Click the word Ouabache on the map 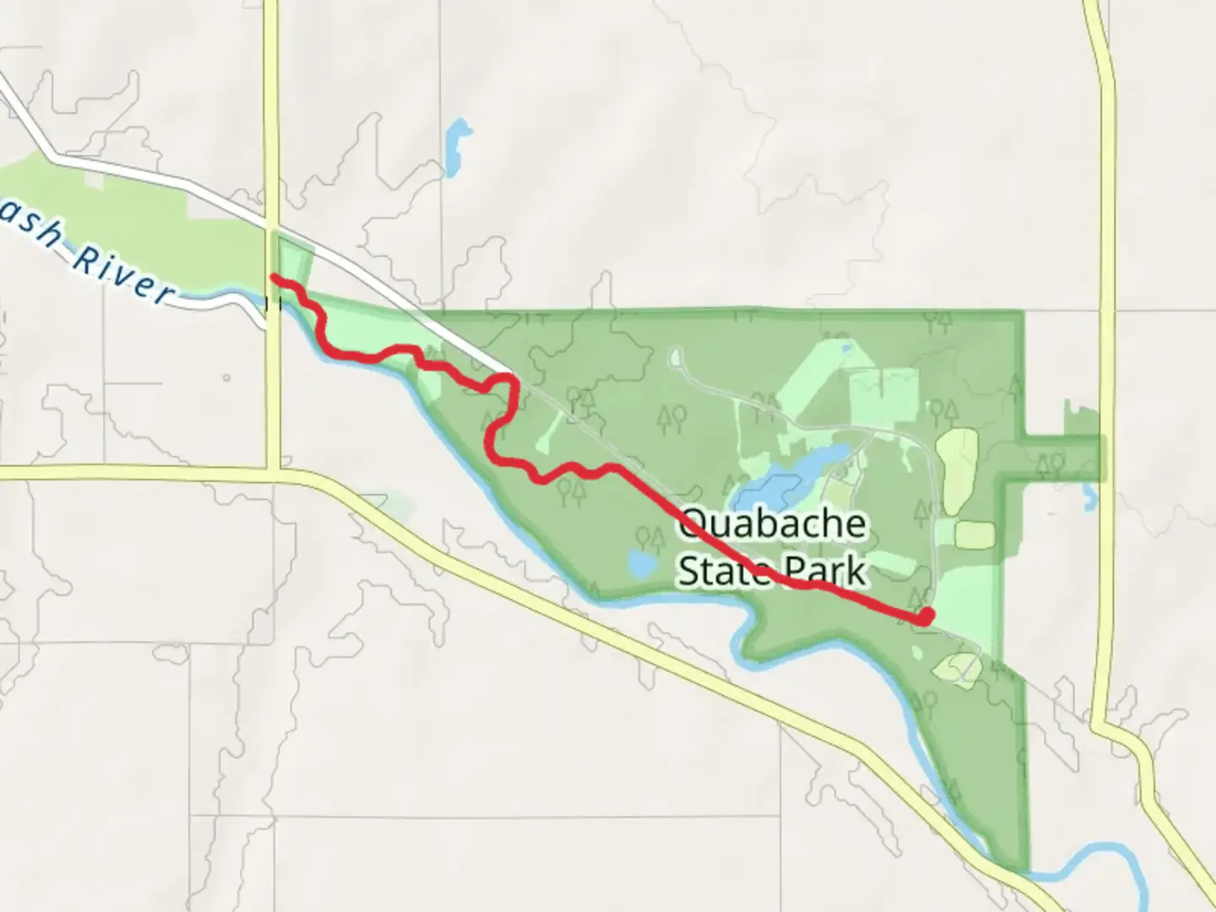(x=772, y=524)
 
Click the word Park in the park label (x=824, y=570)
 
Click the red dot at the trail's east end (x=926, y=616)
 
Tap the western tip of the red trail (x=274, y=277)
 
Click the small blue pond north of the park (x=457, y=142)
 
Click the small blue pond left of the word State (x=641, y=563)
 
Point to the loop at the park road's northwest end (x=676, y=356)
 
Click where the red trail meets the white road (x=510, y=377)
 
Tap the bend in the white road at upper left (x=54, y=156)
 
